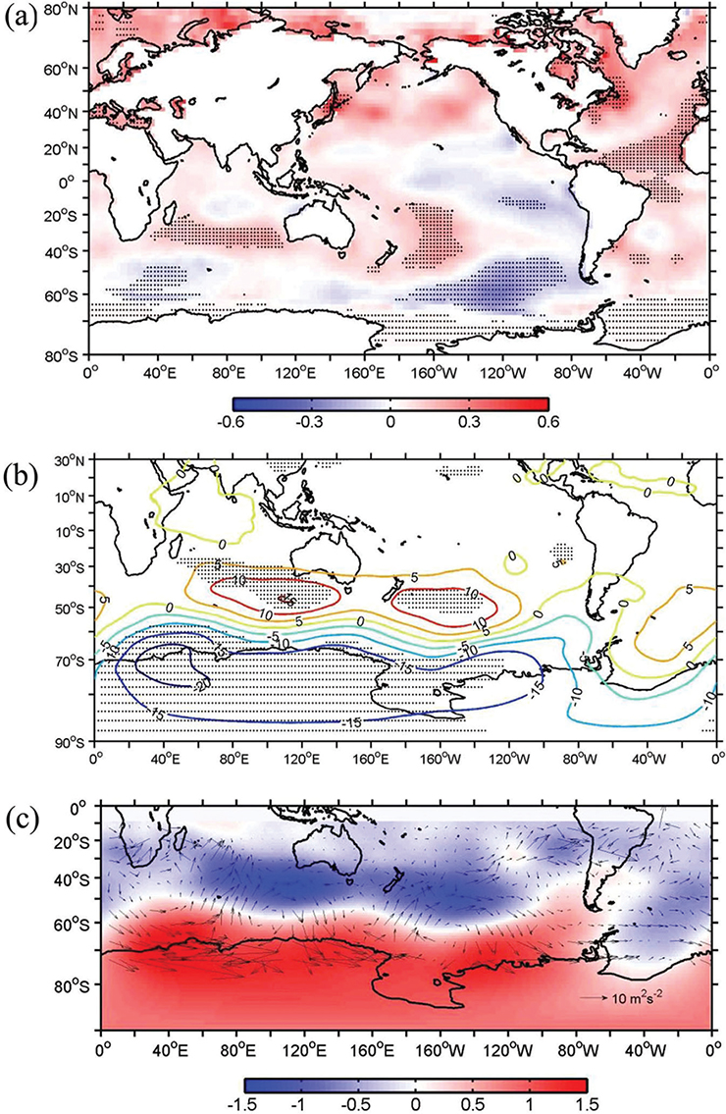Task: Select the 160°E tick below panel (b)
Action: (x=371, y=759)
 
